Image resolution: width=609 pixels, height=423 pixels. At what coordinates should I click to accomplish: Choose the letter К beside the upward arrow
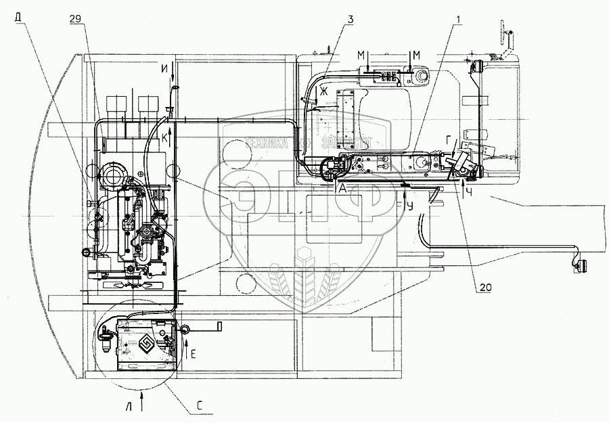pos(164,137)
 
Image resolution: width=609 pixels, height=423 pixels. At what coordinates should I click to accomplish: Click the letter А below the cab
pos(344,190)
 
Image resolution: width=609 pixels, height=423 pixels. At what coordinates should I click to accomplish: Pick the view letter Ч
pos(470,192)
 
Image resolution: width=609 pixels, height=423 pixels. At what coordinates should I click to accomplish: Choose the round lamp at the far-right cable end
pos(579,267)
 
